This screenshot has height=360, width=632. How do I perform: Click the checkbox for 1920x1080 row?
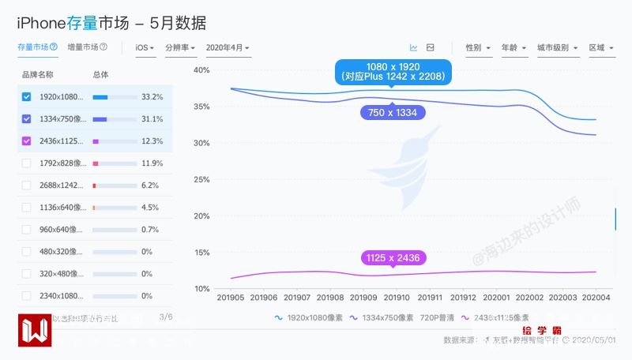click(27, 97)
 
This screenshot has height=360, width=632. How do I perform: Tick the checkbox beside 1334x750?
click(27, 119)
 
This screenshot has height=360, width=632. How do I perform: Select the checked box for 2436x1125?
click(27, 141)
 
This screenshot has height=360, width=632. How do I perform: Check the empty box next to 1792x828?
click(27, 163)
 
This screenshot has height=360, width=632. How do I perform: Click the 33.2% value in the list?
click(152, 97)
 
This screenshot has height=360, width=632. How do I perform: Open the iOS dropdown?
click(145, 48)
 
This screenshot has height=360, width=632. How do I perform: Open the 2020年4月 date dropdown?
click(228, 48)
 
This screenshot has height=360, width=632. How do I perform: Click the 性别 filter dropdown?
click(478, 48)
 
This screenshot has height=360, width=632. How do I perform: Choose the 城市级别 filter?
click(557, 48)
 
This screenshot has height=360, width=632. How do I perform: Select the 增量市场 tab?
click(87, 47)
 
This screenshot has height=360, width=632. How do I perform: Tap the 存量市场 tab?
click(37, 47)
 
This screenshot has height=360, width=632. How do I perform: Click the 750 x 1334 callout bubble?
click(392, 113)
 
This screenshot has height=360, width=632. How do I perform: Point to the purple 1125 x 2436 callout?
click(393, 258)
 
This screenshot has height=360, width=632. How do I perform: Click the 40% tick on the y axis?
click(201, 70)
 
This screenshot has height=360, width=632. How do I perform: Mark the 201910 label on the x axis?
click(397, 298)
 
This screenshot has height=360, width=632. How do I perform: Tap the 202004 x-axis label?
click(596, 298)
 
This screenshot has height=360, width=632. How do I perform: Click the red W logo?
click(35, 330)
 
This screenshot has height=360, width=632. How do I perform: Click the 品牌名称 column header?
click(37, 74)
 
